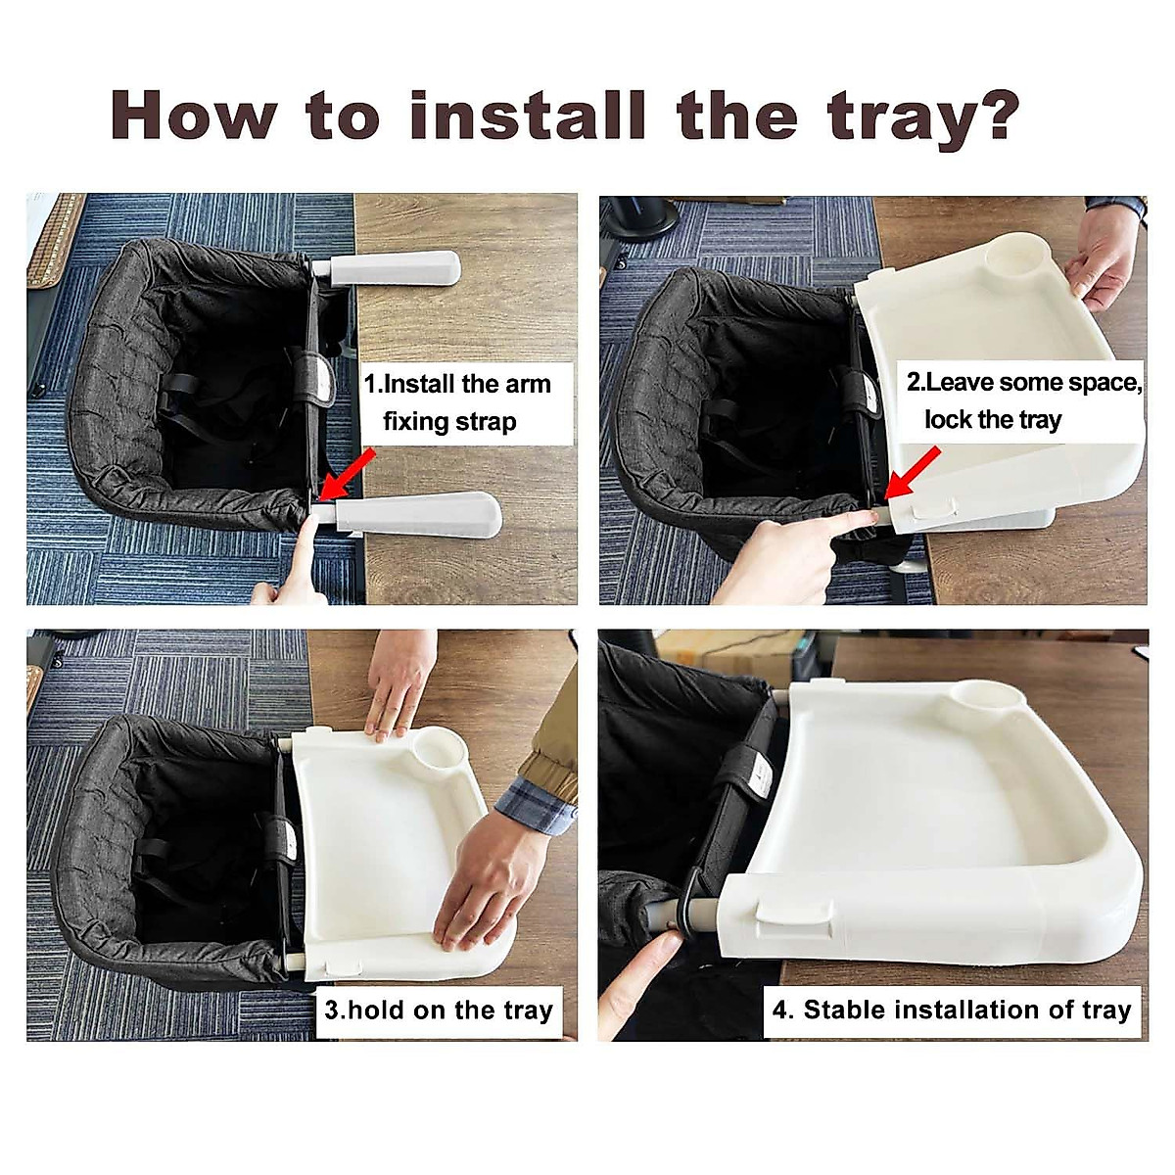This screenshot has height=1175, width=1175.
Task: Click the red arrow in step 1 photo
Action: (x=348, y=475)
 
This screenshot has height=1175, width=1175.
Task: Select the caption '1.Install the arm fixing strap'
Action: (x=457, y=402)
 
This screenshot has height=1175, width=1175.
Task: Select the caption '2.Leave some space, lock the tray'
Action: (x=1022, y=400)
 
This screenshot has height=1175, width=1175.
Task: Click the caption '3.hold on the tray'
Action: (x=439, y=1010)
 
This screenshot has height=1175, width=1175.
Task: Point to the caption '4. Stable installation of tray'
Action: (x=952, y=1010)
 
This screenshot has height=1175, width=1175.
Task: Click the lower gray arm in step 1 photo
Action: (x=416, y=514)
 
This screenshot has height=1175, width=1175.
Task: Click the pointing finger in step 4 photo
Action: (x=641, y=979)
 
